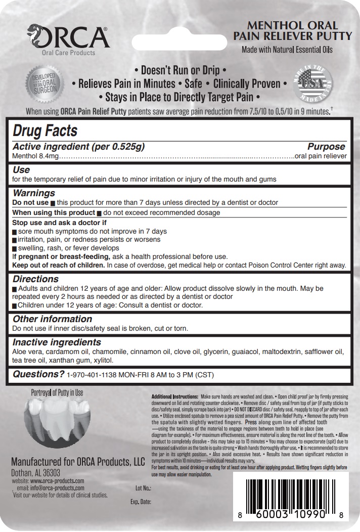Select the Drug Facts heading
pos(45,131)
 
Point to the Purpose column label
pos(326,147)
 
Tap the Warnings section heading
pos(34,193)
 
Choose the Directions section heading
pos(35,279)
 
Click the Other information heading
pos(52,319)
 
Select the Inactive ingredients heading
pos(57,342)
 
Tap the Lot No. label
pos(144,489)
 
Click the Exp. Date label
pos(141,502)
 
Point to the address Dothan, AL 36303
pos(35,472)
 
